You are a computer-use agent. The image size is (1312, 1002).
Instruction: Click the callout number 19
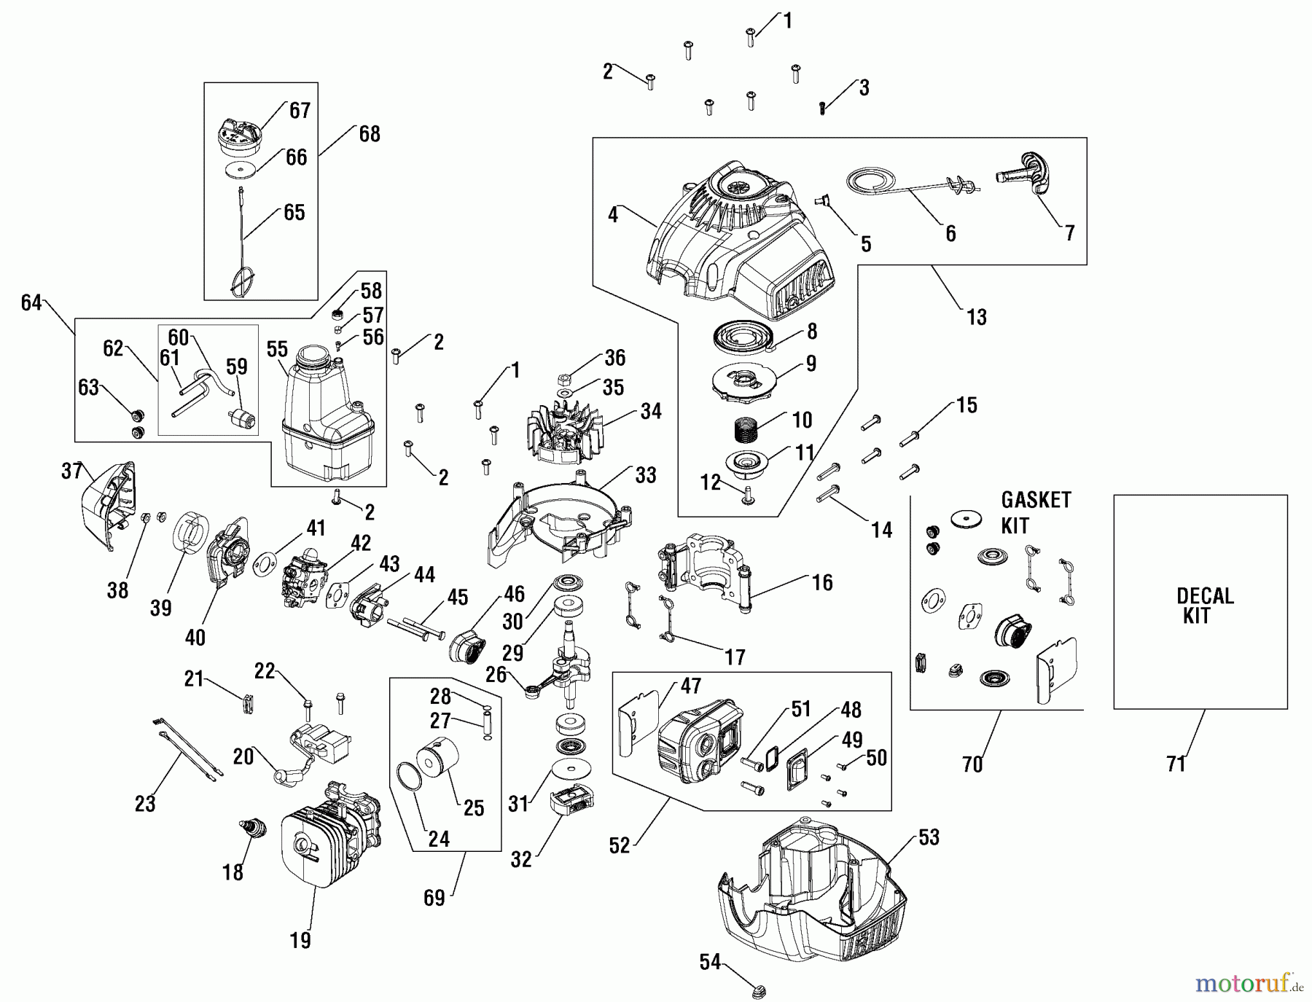(300, 940)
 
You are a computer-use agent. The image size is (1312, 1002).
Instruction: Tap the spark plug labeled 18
(252, 831)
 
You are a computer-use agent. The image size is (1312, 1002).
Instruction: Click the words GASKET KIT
(1035, 512)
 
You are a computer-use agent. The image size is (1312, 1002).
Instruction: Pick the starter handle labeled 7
(1024, 174)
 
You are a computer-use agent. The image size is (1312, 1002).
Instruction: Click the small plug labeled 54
(757, 990)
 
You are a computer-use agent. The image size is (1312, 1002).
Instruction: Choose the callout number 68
(370, 134)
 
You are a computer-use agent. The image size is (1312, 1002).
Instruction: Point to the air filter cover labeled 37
(106, 506)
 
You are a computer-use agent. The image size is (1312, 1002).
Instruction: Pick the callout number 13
(976, 317)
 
